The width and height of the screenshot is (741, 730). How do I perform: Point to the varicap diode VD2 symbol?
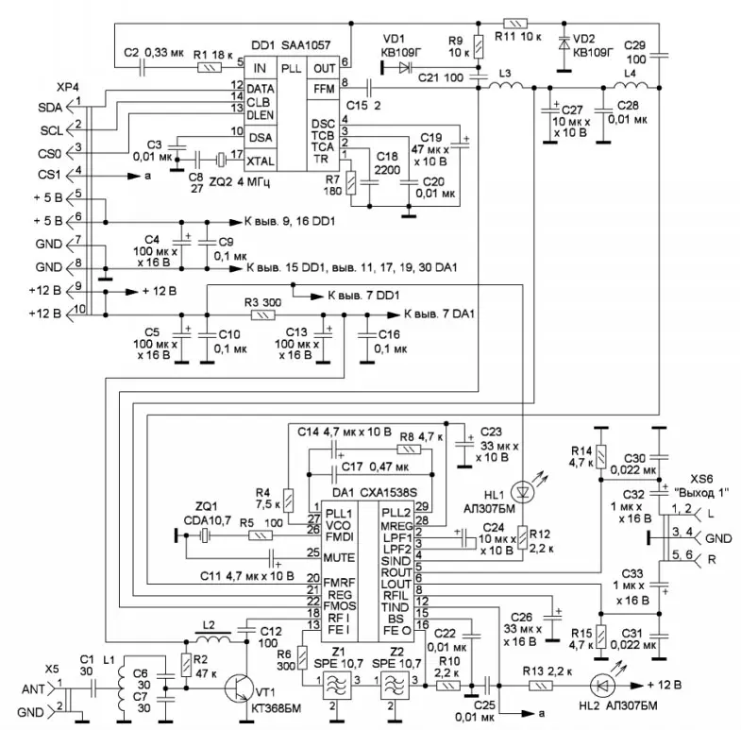[x=564, y=42]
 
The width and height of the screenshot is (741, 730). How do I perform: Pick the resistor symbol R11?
[x=515, y=21]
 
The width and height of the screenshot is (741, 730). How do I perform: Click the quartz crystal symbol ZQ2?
[x=221, y=160]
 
